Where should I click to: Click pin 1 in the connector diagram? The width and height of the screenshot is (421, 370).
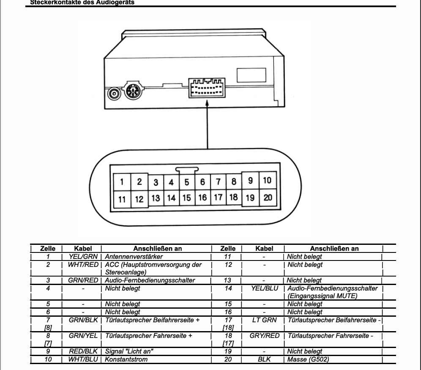click(x=122, y=182)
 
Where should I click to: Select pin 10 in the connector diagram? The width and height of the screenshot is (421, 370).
click(x=267, y=181)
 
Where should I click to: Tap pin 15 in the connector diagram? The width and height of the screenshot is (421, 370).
click(x=186, y=197)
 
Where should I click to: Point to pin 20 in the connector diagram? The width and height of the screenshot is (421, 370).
click(x=267, y=197)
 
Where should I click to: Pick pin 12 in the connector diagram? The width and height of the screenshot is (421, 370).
click(x=139, y=198)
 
